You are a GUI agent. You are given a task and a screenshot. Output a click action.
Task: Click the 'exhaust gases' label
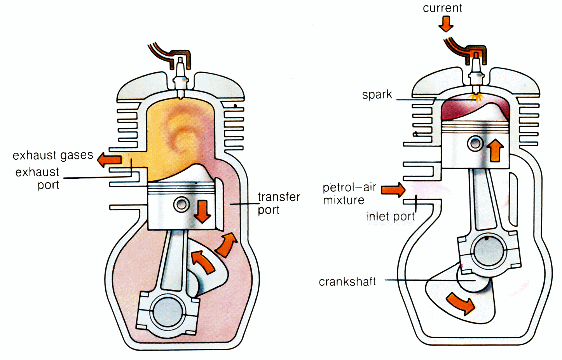click(x=53, y=155)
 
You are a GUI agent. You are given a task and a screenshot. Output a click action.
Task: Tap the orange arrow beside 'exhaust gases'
click(x=109, y=159)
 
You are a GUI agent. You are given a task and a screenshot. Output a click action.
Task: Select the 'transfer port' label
click(x=279, y=203)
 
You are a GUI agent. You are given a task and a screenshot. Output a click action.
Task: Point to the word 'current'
click(x=442, y=8)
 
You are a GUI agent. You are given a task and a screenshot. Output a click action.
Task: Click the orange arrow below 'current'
click(x=446, y=24)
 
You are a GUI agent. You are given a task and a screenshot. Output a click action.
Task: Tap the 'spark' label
click(x=377, y=95)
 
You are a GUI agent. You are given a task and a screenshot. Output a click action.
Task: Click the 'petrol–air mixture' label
click(x=349, y=194)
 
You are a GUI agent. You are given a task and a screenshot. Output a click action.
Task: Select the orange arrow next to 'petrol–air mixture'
click(x=393, y=190)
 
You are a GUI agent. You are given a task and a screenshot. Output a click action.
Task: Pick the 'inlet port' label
click(x=390, y=216)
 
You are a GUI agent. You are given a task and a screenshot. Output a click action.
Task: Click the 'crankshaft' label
click(x=347, y=281)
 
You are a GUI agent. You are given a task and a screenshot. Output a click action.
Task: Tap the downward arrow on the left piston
click(x=202, y=211)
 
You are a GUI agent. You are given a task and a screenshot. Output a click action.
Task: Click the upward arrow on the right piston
click(x=496, y=150)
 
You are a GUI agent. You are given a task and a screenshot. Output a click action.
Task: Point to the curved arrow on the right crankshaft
click(x=461, y=303)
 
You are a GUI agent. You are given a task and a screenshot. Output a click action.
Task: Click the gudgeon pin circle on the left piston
click(x=181, y=204)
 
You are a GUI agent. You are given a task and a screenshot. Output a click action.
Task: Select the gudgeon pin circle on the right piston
click(x=475, y=143)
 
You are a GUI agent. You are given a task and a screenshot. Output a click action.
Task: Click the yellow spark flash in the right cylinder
click(x=475, y=97)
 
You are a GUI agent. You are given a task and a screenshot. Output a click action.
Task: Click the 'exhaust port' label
click(x=38, y=178)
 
